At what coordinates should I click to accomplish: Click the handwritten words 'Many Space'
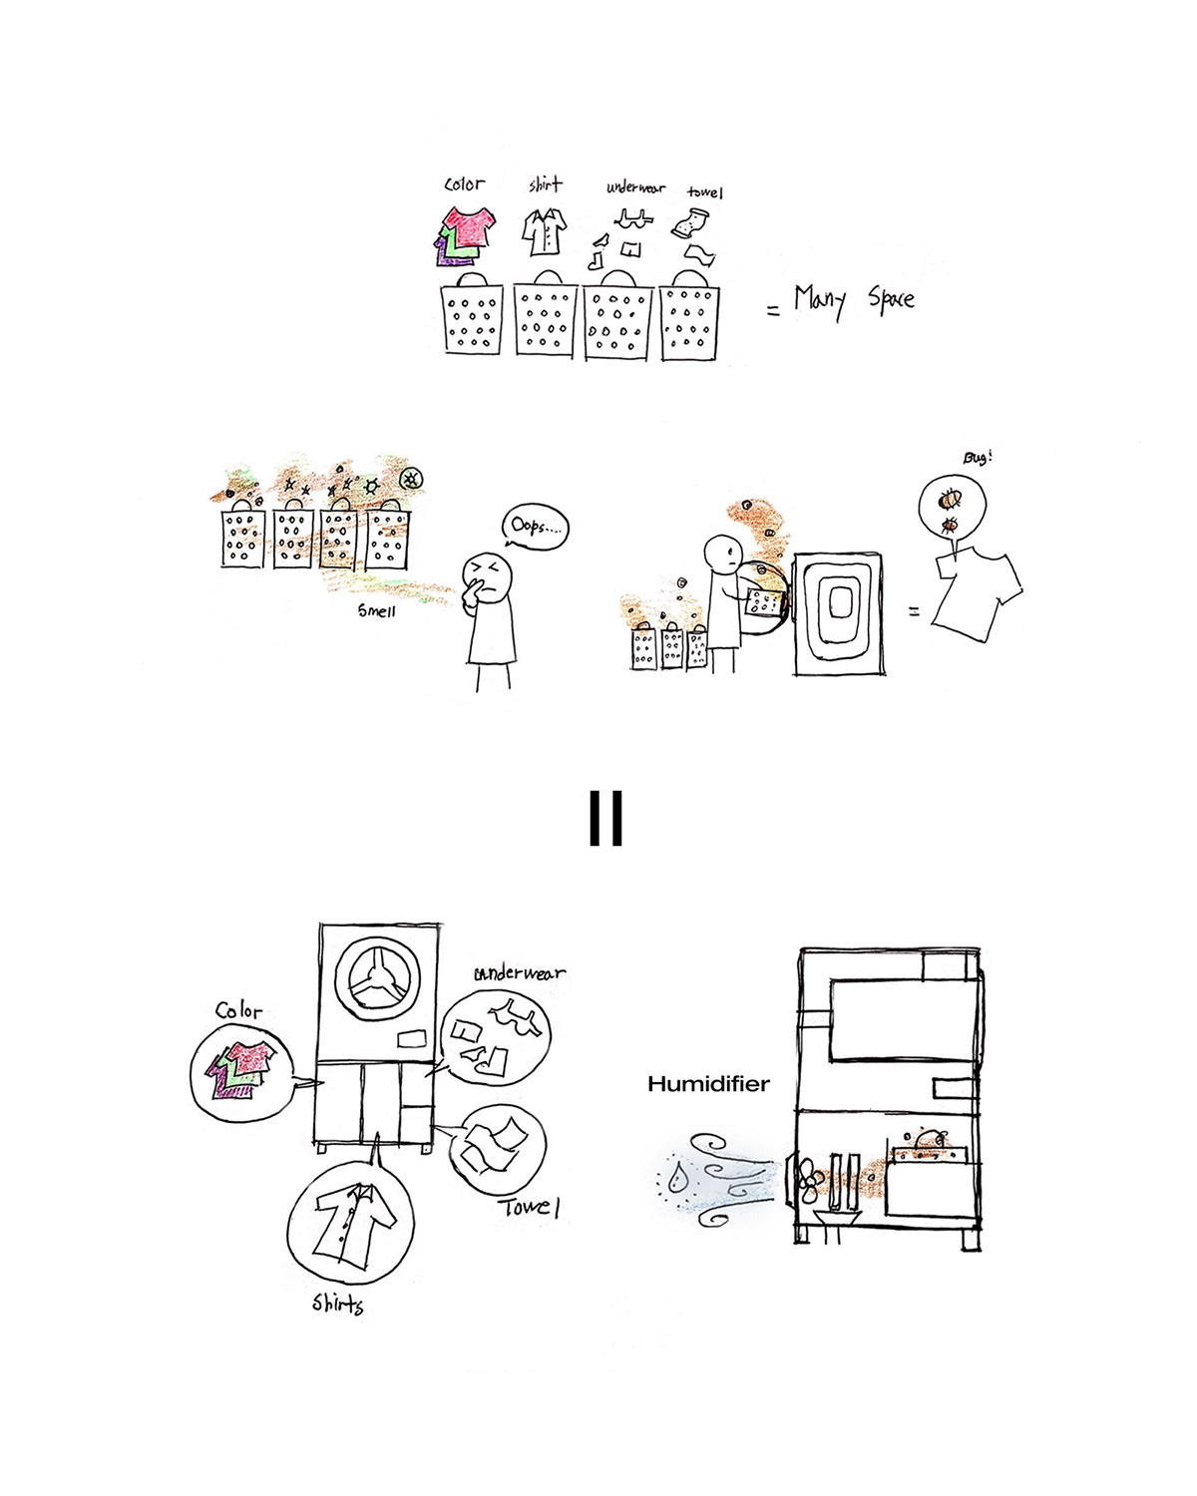(x=853, y=300)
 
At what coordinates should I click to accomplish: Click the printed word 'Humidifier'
(x=708, y=1084)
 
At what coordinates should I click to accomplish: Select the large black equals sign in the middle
(x=605, y=818)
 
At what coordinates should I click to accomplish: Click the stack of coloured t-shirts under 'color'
(x=466, y=235)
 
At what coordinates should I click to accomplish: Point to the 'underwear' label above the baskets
(x=635, y=187)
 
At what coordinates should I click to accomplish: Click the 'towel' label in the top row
(x=704, y=191)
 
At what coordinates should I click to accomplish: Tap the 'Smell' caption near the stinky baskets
(x=377, y=610)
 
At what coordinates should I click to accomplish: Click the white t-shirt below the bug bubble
(x=976, y=593)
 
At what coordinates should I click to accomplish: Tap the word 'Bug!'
(x=978, y=458)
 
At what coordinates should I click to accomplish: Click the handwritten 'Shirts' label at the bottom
(x=338, y=1304)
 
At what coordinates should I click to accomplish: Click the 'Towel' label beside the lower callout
(x=529, y=1208)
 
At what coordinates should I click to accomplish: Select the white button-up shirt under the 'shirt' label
(x=546, y=231)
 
